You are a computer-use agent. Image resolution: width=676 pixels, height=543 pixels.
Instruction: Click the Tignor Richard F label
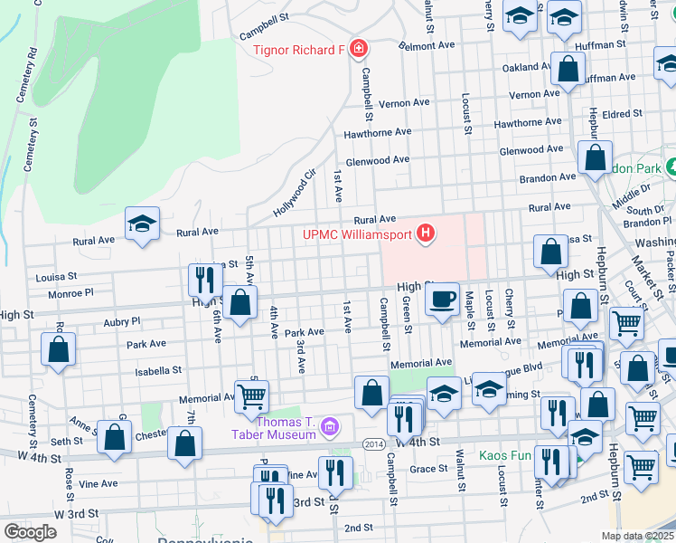(x=298, y=49)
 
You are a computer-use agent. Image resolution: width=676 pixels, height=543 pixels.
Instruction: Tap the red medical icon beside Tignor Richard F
(x=358, y=48)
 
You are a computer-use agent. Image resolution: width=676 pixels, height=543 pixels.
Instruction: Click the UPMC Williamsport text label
(x=357, y=235)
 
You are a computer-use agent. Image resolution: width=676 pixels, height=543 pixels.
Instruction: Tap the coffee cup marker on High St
(x=441, y=300)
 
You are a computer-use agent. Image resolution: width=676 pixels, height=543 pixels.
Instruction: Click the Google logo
(x=30, y=532)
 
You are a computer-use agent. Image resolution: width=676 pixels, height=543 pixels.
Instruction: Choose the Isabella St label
(x=158, y=370)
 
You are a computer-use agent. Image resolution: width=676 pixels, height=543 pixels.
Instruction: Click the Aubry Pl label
(x=122, y=320)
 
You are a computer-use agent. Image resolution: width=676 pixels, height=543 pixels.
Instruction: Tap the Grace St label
(x=429, y=469)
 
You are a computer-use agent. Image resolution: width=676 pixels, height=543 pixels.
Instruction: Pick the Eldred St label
(x=624, y=115)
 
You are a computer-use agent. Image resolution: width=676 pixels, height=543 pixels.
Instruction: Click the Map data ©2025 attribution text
(x=638, y=536)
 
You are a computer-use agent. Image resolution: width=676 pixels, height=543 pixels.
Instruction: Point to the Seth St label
(x=66, y=442)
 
